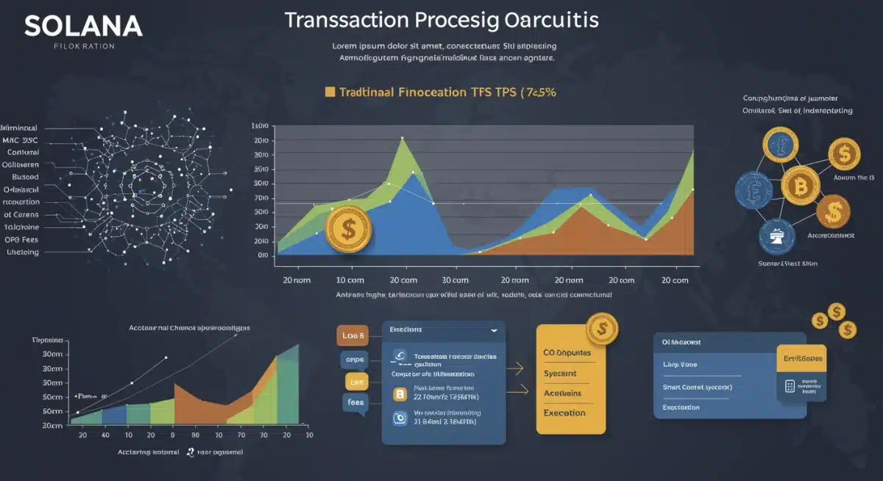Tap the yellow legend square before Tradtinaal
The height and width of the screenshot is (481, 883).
pos(330,92)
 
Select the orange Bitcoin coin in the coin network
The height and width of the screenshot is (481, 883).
pos(799,186)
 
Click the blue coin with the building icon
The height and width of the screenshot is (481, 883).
pos(778,238)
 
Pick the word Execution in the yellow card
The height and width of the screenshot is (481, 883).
pos(564,413)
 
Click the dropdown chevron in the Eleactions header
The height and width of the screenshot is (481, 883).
pos(492,331)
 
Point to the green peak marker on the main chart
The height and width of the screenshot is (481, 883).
pos(402,138)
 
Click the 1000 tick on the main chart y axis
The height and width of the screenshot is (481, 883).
pos(260,127)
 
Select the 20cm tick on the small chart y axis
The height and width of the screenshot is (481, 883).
pos(52,425)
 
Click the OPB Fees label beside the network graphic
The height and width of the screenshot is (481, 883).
pos(21,239)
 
